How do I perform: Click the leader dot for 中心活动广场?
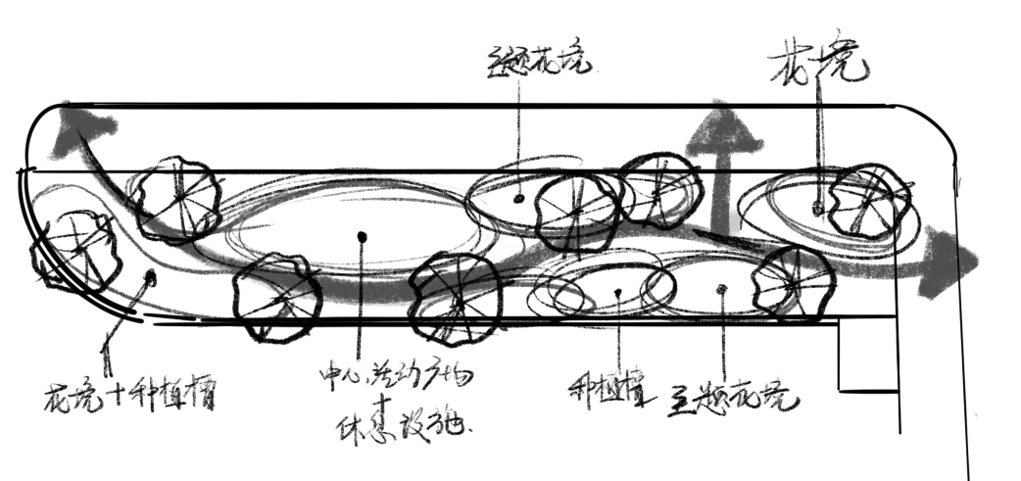tap(362, 235)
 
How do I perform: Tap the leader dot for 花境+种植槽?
tap(150, 278)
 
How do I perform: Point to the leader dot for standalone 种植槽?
tap(618, 291)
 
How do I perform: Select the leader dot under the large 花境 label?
tap(818, 209)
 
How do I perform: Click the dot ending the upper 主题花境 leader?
tap(518, 198)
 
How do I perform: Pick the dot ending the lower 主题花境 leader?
tap(722, 288)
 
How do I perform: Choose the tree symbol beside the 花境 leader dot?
tap(867, 201)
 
